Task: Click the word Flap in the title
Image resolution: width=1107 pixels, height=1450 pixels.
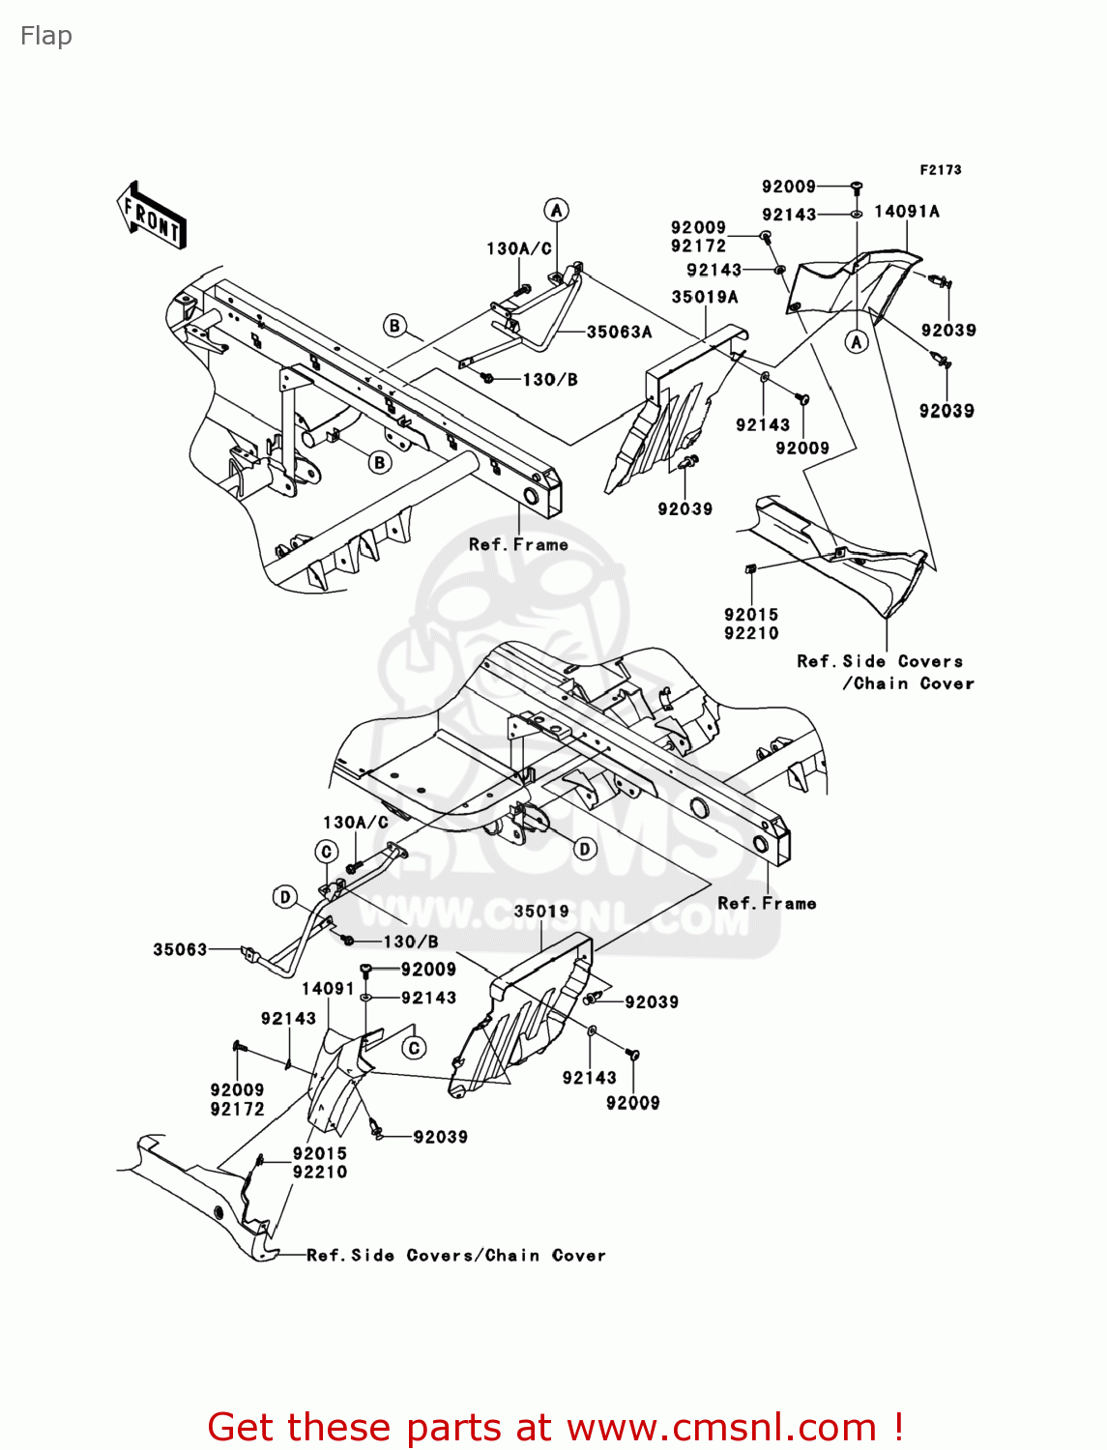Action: click(45, 36)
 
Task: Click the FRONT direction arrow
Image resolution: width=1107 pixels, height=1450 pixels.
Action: click(151, 216)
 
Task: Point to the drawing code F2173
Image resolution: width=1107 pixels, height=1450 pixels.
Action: click(941, 170)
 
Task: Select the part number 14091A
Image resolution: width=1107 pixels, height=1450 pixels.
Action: click(906, 212)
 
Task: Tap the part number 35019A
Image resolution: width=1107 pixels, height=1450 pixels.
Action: click(704, 298)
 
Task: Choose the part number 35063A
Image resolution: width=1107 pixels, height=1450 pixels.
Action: click(619, 332)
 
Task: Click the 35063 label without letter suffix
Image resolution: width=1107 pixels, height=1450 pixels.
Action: click(180, 949)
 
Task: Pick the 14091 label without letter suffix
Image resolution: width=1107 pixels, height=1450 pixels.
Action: click(329, 988)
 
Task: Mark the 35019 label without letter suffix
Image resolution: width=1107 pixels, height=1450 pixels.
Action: click(541, 911)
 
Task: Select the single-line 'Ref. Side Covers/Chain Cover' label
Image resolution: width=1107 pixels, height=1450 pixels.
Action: click(456, 1255)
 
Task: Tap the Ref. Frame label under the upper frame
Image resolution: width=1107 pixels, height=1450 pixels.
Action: click(518, 544)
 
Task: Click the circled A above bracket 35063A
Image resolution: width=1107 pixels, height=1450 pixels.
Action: click(556, 211)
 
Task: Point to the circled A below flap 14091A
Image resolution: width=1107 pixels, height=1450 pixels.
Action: click(857, 341)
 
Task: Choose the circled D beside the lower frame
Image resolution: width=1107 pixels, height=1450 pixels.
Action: click(585, 849)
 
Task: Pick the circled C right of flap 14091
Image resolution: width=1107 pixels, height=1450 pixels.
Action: click(414, 1048)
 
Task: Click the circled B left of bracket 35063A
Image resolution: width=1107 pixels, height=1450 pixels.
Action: click(394, 326)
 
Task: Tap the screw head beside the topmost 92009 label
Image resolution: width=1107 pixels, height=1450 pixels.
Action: click(857, 187)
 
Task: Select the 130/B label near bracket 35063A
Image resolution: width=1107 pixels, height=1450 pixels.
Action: click(550, 379)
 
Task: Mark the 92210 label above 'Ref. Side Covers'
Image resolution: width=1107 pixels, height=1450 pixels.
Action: click(751, 633)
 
